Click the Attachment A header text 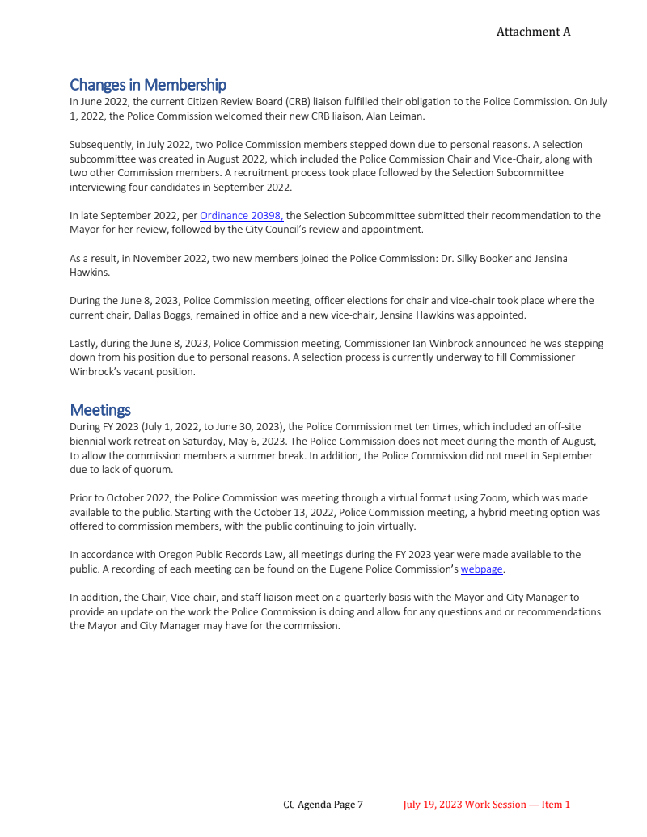pyautogui.click(x=533, y=32)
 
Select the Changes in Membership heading pyautogui.click(x=148, y=85)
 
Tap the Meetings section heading pyautogui.click(x=100, y=410)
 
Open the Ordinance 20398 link pyautogui.click(x=241, y=216)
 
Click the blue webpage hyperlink pyautogui.click(x=481, y=569)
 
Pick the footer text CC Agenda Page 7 pyautogui.click(x=323, y=805)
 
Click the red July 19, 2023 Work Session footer pyautogui.click(x=486, y=805)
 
